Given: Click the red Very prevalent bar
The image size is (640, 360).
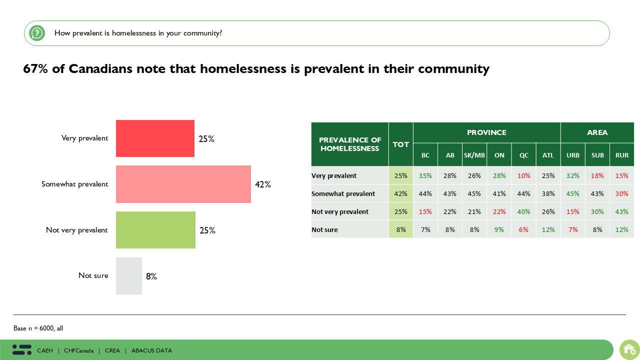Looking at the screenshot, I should [155, 138].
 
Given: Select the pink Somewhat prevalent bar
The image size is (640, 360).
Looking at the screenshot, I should [183, 184].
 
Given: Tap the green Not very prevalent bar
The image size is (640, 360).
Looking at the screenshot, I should [155, 230].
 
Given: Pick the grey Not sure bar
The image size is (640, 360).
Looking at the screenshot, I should [129, 276].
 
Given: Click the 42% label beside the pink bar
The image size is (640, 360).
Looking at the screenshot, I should [262, 184].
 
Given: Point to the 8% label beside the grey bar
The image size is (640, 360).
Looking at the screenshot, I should [151, 276].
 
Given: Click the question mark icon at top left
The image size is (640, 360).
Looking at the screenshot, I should [37, 33].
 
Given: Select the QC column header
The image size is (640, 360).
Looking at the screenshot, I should [523, 155].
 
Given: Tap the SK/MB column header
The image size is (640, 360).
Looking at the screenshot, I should [474, 155].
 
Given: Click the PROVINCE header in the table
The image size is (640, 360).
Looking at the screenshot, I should [486, 132].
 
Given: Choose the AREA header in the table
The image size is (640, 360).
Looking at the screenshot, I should [597, 132].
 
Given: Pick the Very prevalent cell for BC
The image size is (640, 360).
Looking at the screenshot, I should [425, 175].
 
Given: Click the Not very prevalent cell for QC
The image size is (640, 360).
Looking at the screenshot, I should [523, 211].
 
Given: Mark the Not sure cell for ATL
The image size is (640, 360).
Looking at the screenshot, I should [548, 229].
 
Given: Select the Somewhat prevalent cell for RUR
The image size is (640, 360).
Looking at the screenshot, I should [621, 193].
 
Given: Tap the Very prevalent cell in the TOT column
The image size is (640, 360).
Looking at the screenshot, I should [400, 175].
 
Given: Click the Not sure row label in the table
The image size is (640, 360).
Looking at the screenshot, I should [324, 229].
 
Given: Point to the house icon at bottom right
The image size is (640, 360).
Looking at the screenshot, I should [629, 349].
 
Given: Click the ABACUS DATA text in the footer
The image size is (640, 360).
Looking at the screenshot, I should [151, 350].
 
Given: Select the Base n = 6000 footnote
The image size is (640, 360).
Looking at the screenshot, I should [38, 328].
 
